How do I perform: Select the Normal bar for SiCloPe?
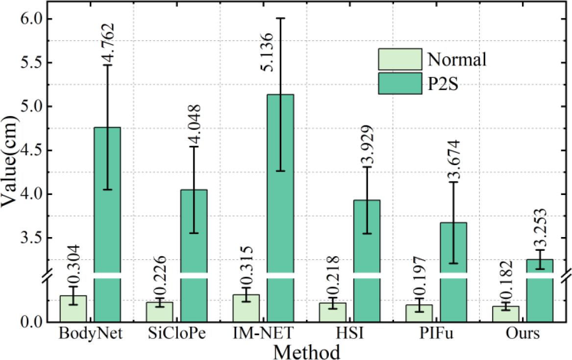tap(160, 312)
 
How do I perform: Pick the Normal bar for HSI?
tap(332, 312)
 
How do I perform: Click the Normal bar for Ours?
tap(505, 314)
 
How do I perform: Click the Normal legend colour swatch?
tap(399, 59)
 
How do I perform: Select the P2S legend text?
tap(446, 85)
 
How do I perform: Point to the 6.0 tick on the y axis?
tap(31, 19)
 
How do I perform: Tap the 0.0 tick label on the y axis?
tap(31, 322)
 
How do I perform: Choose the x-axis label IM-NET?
tap(268, 334)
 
